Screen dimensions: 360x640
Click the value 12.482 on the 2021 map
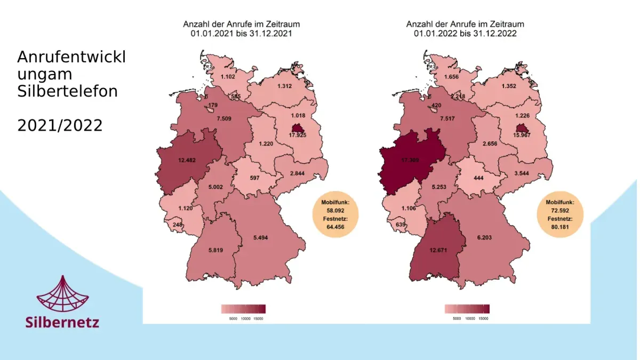(187, 159)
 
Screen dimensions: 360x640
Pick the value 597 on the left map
(254, 178)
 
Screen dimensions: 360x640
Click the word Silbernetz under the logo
(62, 322)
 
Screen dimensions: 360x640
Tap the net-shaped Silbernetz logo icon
(62, 294)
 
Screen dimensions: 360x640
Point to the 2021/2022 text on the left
(59, 126)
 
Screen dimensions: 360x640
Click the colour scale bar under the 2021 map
(243, 309)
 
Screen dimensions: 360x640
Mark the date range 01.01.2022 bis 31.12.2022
(465, 33)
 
